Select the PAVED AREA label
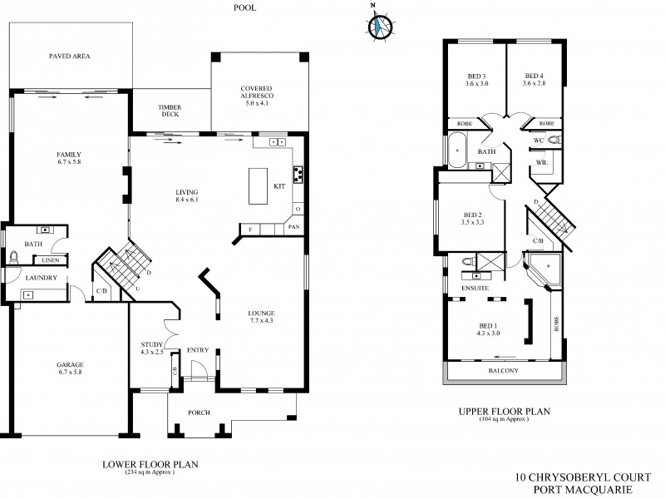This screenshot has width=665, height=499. tap(69, 57)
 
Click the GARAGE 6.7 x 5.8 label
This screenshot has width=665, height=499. tap(70, 368)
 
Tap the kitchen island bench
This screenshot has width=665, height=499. tap(256, 186)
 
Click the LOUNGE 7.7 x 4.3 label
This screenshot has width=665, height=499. tap(261, 317)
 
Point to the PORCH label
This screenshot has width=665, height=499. tap(200, 413)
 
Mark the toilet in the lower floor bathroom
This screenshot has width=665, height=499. tap(13, 257)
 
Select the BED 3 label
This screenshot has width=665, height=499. tap(477, 79)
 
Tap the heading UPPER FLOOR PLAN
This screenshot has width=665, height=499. tap(504, 411)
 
